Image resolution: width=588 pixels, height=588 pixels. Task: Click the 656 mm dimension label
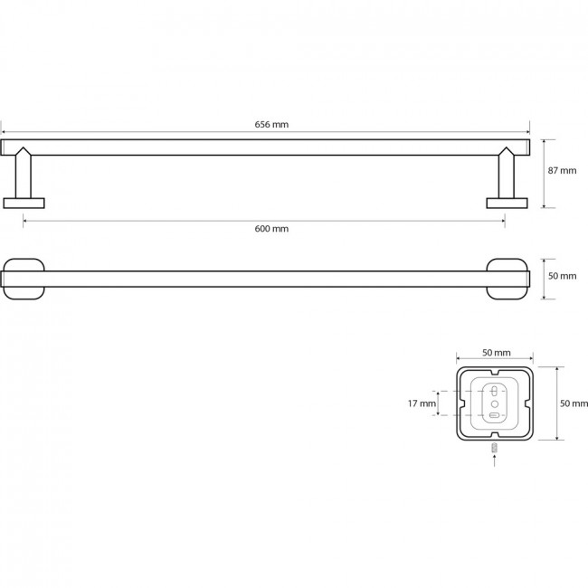(x=271, y=125)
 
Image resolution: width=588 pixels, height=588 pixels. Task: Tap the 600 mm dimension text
(x=271, y=229)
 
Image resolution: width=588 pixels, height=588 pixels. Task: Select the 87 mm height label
(x=562, y=171)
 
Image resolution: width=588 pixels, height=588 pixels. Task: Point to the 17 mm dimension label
(x=422, y=403)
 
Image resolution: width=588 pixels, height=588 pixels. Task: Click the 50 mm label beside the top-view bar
(x=562, y=276)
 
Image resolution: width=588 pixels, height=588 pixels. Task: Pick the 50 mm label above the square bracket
(x=496, y=353)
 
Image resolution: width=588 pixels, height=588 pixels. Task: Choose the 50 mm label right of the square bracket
(x=574, y=403)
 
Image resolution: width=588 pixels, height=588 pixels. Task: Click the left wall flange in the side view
(x=24, y=204)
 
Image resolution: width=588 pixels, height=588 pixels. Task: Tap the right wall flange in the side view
(x=507, y=204)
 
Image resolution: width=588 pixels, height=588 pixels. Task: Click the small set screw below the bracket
(x=495, y=448)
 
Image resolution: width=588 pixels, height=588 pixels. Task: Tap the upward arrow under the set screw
(x=495, y=460)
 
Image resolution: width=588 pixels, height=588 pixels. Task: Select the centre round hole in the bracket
(x=495, y=403)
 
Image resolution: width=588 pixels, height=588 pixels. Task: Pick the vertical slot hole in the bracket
(x=494, y=391)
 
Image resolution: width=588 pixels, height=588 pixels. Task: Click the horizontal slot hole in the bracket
(x=494, y=415)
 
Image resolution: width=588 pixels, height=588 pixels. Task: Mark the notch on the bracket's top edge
(x=495, y=372)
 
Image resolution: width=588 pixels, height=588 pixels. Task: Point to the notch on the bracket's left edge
(x=461, y=403)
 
